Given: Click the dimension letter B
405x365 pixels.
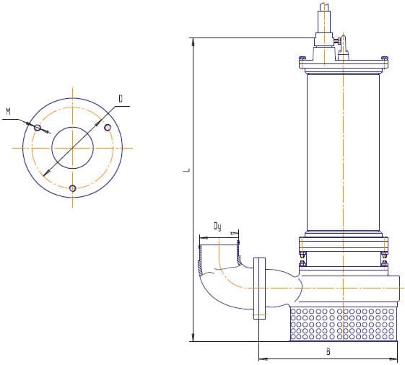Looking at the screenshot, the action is tap(328, 351).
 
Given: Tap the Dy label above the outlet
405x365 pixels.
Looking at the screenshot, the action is tap(218, 227).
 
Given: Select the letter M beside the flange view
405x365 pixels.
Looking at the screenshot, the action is tap(9, 112).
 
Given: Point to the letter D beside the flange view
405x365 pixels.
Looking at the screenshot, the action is tap(121, 99).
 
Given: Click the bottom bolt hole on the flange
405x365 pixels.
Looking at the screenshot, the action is tap(73, 188).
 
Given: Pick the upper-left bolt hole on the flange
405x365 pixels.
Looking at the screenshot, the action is tap(38, 128).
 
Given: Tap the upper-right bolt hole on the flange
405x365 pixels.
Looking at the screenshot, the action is tap(108, 128).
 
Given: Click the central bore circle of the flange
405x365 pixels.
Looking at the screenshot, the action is tap(73, 127).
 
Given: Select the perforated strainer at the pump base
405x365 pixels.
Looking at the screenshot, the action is tap(343, 324).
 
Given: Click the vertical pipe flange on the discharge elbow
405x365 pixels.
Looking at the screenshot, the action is tap(260, 289).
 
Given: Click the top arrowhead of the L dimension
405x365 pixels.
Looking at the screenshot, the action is tap(193, 42).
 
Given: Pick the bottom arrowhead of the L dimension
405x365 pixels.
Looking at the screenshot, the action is tap(193, 337).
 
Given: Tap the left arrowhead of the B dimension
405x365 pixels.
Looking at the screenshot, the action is tap(263, 359).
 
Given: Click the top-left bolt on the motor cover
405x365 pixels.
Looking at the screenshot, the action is tap(302, 60).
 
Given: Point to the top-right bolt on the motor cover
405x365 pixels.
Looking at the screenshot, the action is tap(384, 60).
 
